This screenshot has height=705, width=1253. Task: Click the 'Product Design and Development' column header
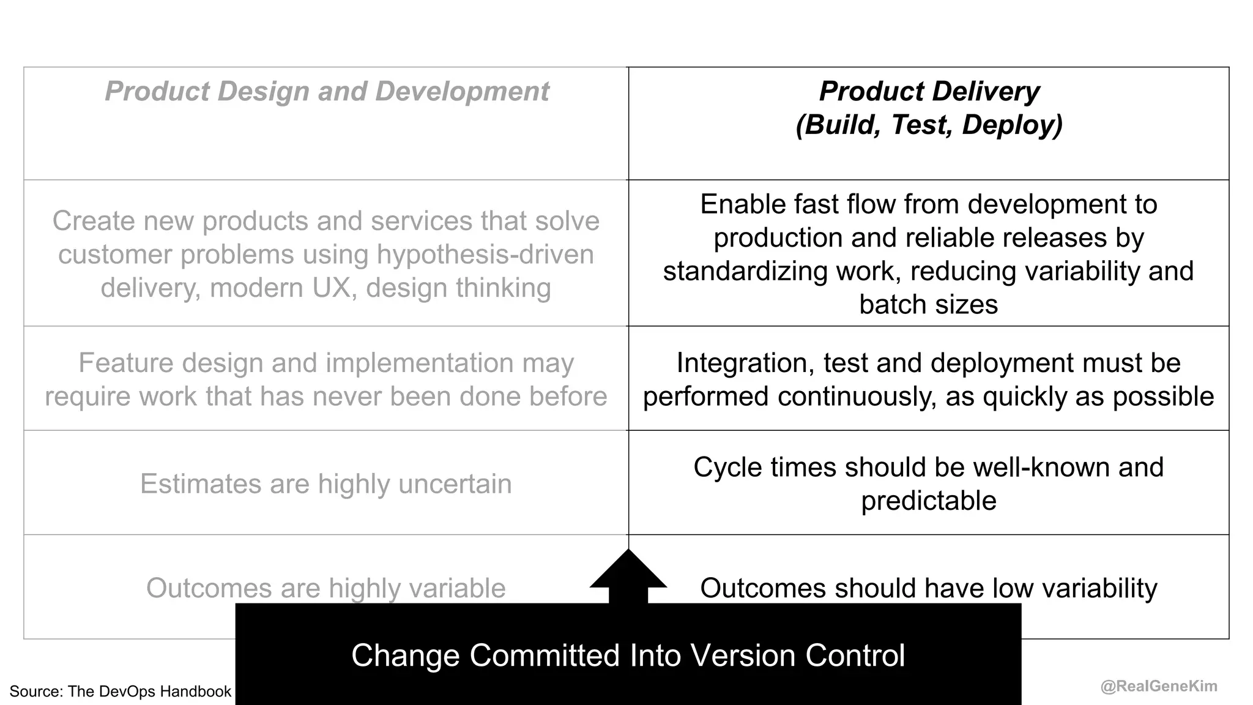[327, 92]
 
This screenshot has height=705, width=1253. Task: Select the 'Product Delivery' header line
[929, 92]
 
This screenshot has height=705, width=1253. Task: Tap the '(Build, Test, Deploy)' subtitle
[929, 125]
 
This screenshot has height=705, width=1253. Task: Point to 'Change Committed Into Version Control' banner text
[628, 655]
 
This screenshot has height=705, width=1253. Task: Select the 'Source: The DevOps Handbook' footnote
[121, 692]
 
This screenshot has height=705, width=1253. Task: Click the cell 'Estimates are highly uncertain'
[326, 483]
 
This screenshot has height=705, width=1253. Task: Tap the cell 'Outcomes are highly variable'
[326, 588]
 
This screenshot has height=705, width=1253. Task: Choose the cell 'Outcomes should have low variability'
[929, 588]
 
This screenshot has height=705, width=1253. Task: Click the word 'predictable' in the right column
[929, 501]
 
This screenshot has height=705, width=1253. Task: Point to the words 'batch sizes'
[929, 304]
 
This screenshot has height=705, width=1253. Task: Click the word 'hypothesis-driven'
[485, 255]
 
